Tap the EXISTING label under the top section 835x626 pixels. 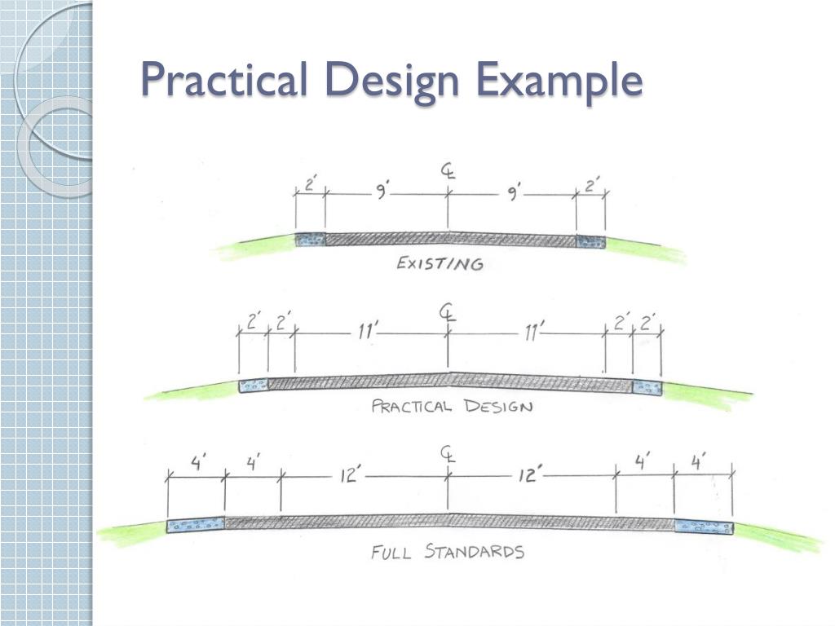[440, 263]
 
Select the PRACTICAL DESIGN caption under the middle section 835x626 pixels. [452, 406]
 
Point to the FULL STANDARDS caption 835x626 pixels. [448, 552]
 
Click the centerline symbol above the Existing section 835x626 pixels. [448, 172]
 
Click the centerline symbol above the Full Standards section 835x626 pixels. [448, 454]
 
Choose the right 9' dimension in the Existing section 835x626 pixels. [515, 192]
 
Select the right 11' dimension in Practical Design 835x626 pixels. [535, 331]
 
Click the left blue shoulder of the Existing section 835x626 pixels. [310, 240]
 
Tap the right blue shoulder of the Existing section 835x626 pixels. [590, 241]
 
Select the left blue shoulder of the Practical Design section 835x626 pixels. [254, 386]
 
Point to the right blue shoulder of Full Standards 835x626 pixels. [703, 527]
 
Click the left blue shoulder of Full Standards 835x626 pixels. [196, 526]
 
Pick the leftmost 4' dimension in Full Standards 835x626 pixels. [197, 463]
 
